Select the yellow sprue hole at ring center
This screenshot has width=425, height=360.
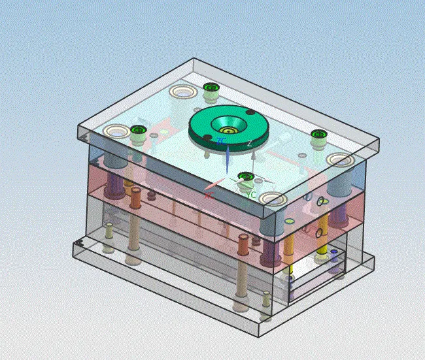(229, 121)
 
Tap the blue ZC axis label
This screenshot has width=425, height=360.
(222, 140)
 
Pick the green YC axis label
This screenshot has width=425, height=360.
(250, 194)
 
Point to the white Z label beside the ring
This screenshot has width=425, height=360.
(249, 143)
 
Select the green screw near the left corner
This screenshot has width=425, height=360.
(137, 129)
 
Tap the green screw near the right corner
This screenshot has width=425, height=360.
(318, 135)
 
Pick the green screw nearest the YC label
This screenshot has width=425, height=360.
(246, 176)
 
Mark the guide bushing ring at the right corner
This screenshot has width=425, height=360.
(340, 160)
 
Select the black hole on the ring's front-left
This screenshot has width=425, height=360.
(207, 137)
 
